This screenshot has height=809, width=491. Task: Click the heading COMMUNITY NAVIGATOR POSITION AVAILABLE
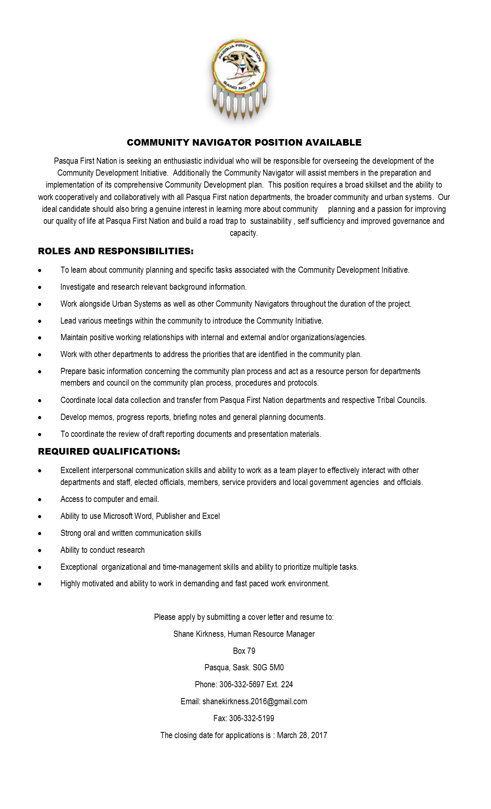(244, 143)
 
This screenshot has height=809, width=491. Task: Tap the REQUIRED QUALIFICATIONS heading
(109, 451)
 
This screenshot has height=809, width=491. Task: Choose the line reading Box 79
(244, 651)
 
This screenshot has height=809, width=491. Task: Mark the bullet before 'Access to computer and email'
(40, 500)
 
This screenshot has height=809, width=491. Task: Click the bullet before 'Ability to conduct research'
(40, 551)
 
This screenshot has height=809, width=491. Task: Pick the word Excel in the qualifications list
(211, 516)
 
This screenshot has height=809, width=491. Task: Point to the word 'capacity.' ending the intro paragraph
(244, 233)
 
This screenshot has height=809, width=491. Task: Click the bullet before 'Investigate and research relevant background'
(40, 287)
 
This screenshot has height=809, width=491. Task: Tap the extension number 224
(287, 684)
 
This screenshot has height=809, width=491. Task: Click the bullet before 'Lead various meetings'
(40, 321)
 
